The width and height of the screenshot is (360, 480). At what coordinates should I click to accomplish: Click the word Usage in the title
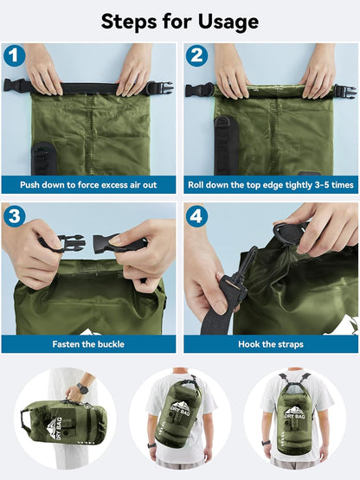point(228,22)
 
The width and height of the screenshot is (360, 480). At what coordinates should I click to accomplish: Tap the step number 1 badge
point(14,55)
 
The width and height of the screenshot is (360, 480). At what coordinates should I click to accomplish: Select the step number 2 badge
point(196,55)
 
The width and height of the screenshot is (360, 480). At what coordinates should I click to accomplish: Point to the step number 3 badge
point(14,216)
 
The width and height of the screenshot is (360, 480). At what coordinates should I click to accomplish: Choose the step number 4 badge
point(196,216)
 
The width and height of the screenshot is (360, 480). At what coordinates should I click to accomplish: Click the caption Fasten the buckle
point(88,344)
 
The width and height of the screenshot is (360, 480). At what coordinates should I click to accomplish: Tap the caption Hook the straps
point(271,344)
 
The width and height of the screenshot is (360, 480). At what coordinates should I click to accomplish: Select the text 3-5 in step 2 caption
point(322,185)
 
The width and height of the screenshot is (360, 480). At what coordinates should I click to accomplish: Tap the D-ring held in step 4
point(287,234)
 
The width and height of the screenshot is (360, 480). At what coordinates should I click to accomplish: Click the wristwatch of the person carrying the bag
point(83,387)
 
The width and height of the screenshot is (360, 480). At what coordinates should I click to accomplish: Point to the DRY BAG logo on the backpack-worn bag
point(294,412)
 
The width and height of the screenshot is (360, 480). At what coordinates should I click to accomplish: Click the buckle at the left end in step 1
point(16,86)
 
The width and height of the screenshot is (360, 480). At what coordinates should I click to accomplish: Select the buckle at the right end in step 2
point(345,91)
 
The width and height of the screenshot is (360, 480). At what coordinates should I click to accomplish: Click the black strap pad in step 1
point(44,158)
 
